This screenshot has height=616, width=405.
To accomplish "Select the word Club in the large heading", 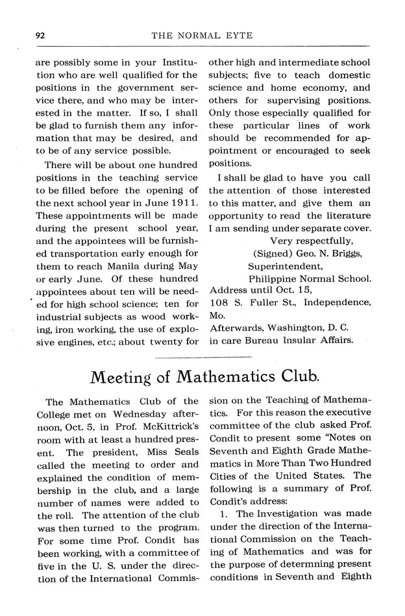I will pyautogui.click(x=297, y=377).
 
